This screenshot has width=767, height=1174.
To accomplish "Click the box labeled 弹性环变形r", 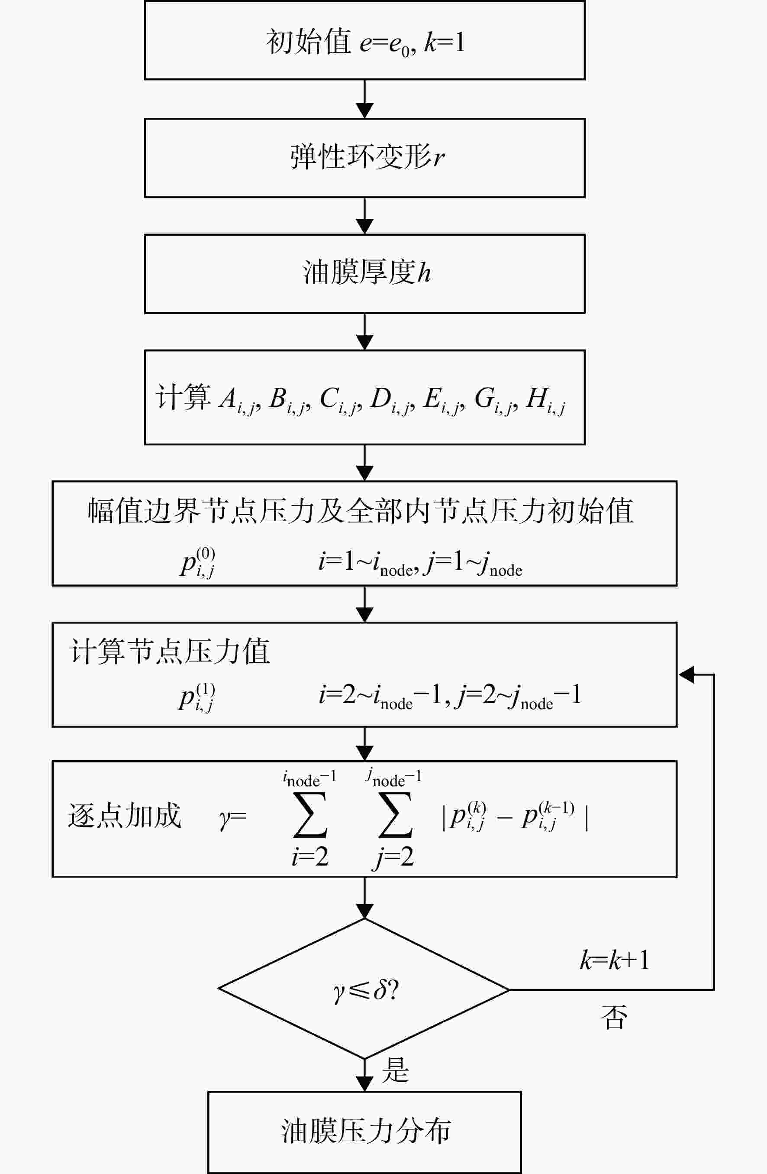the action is (x=365, y=158).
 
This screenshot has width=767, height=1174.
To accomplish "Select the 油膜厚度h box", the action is (x=365, y=274).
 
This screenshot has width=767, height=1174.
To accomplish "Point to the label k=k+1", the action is (x=614, y=960).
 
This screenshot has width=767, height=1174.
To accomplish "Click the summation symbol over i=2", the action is (x=310, y=815).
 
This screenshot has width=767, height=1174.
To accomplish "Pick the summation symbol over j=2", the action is (x=395, y=815).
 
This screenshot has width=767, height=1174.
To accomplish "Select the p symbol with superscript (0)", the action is (x=198, y=562).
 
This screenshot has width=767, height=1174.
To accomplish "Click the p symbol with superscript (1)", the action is (x=197, y=697).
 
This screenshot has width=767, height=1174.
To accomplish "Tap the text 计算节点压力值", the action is (x=170, y=651).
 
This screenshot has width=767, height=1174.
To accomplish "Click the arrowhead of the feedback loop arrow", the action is (x=686, y=675).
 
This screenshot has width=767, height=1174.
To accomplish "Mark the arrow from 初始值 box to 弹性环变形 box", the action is (x=364, y=99).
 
